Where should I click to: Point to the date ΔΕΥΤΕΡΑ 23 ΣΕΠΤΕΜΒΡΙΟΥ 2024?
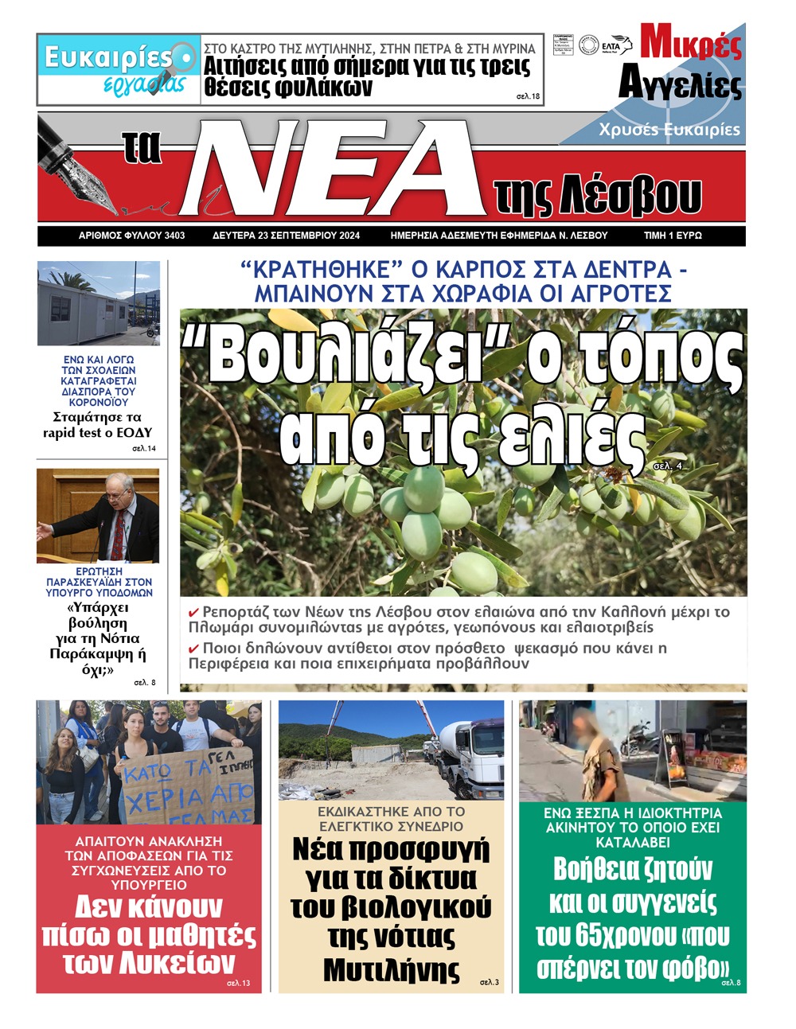[286, 236]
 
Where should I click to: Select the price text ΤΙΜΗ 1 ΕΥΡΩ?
[673, 236]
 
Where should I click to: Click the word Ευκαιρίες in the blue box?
[107, 57]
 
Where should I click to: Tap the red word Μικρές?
[691, 44]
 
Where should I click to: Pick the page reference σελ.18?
[528, 97]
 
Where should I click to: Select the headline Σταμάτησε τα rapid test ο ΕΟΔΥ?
[97, 425]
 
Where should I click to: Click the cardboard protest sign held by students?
[186, 785]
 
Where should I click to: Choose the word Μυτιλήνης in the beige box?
[391, 970]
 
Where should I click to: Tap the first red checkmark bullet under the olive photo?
[193, 613]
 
